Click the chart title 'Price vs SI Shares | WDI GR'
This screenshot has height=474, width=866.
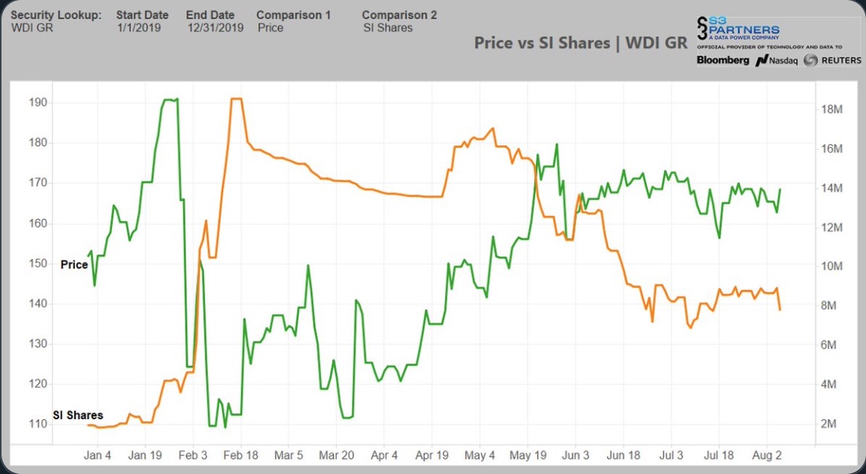[x=580, y=43]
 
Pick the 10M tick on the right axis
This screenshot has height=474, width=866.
[x=832, y=267]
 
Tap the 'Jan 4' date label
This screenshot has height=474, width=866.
[x=98, y=455]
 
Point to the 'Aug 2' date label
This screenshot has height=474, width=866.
[x=767, y=455]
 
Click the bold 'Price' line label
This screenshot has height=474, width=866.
[x=74, y=264]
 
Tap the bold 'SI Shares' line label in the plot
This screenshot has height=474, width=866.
[x=78, y=415]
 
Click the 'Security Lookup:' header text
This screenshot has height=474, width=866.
[x=56, y=15]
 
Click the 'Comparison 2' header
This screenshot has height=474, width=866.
[x=399, y=15]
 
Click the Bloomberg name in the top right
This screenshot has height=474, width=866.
[x=723, y=60]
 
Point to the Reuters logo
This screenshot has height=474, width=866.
[x=832, y=60]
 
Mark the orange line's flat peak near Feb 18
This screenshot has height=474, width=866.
[x=236, y=99]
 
